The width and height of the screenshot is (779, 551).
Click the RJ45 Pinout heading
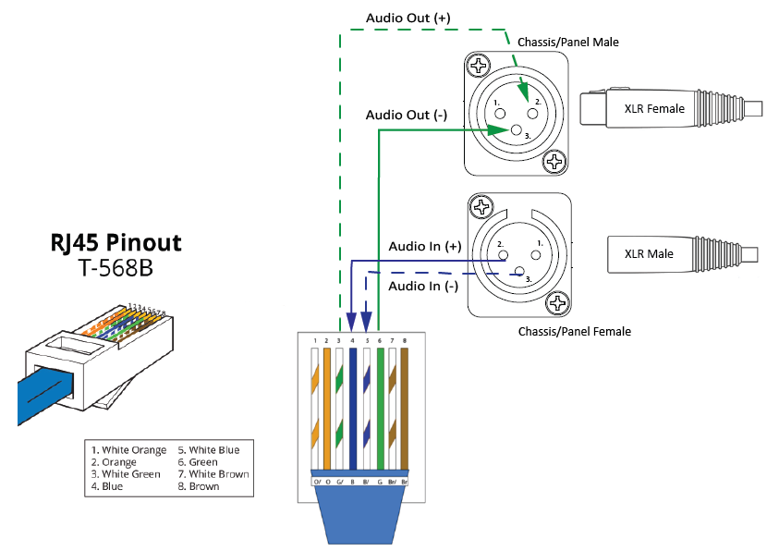coord(116,244)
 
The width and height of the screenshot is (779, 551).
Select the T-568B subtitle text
coord(116,269)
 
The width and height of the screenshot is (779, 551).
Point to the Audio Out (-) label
coord(406,116)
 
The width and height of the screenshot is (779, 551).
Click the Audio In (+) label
coord(424,247)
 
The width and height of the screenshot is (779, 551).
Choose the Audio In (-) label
coord(423,287)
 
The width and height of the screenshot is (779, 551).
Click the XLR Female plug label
coord(654,109)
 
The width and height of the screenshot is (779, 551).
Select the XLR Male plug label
coord(649,254)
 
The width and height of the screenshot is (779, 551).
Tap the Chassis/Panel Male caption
coord(568,43)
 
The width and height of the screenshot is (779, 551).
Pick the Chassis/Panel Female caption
coord(574,331)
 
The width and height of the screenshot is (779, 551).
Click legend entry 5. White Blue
coord(208,450)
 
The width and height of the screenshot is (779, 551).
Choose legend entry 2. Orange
coord(114,462)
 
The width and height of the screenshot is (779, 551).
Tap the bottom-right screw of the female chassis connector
coord(556,302)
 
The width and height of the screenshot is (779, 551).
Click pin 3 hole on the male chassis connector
coord(516,130)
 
